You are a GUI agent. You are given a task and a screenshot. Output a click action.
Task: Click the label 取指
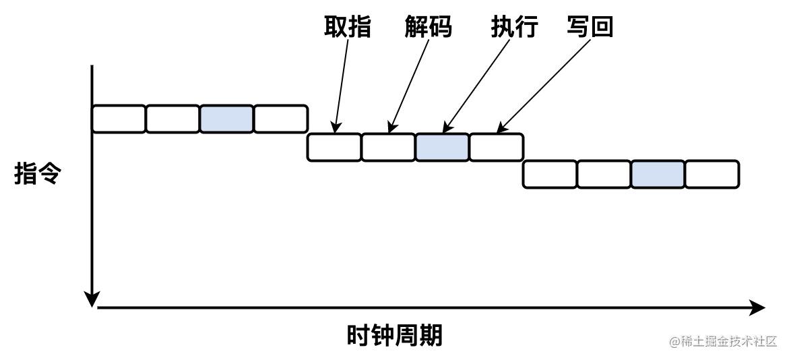pos(347,28)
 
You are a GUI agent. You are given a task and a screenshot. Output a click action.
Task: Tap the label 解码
pos(428,28)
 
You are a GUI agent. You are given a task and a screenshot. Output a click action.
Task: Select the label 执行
pos(514,28)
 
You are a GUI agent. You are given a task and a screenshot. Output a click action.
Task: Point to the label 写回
pos(590,28)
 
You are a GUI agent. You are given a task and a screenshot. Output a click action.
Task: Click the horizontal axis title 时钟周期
pos(394,335)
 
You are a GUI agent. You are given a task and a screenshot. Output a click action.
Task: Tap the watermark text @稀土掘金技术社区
pos(723,342)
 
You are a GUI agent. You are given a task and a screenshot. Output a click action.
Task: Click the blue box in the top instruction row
pos(226,119)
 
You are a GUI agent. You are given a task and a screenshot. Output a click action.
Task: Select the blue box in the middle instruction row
pos(442,147)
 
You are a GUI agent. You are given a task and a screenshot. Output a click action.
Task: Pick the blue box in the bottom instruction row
pos(658,175)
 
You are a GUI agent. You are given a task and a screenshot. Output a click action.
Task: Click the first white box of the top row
pos(119,119)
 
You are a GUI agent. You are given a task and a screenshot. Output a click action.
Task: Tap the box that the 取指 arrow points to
pos(334,147)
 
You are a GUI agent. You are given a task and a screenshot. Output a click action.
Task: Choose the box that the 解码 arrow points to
pos(388,147)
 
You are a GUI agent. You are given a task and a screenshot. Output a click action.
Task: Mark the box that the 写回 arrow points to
pos(496,147)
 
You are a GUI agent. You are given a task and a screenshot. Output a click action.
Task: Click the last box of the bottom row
pos(712,175)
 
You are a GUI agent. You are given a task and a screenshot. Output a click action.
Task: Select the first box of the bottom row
pos(550,175)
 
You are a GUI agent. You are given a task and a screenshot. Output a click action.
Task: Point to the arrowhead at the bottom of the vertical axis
pos(92,299)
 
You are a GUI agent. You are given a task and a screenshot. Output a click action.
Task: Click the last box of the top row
pos(280,119)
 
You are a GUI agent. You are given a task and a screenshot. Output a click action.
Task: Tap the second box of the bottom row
pos(604,175)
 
